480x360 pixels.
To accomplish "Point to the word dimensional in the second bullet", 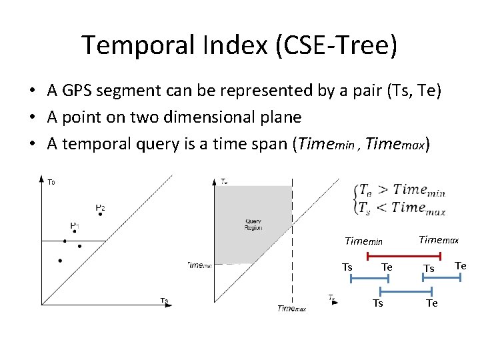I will pos(213,117).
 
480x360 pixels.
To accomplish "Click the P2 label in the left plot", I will pos(99,208).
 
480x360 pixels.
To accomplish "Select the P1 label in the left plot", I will pos(75,226).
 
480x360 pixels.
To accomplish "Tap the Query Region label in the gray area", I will pos(253,224).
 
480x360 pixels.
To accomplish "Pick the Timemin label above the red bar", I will pos(363,241).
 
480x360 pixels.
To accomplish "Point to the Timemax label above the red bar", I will pos(438,239).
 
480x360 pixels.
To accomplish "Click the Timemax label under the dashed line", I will pos(291,308).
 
